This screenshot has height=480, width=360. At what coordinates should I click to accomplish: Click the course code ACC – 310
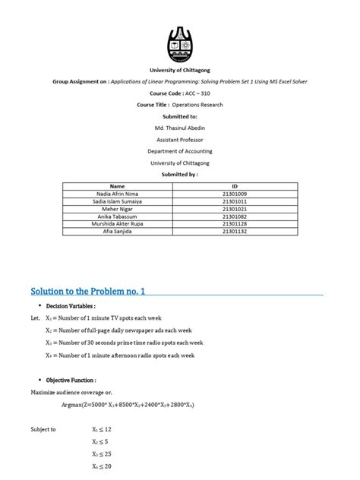(x=179, y=92)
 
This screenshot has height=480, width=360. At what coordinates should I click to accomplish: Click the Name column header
(x=117, y=185)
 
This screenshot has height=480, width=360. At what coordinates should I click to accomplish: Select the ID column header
(x=235, y=185)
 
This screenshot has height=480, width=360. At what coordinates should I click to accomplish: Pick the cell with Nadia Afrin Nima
(x=117, y=194)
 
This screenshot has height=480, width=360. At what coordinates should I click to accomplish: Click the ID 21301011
(x=235, y=201)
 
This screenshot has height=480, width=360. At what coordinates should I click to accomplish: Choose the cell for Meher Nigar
(x=117, y=209)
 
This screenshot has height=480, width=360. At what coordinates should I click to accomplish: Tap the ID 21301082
(x=235, y=216)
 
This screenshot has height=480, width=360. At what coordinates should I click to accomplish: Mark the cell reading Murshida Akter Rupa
(x=117, y=225)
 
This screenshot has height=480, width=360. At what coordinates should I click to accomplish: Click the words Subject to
(x=43, y=429)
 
